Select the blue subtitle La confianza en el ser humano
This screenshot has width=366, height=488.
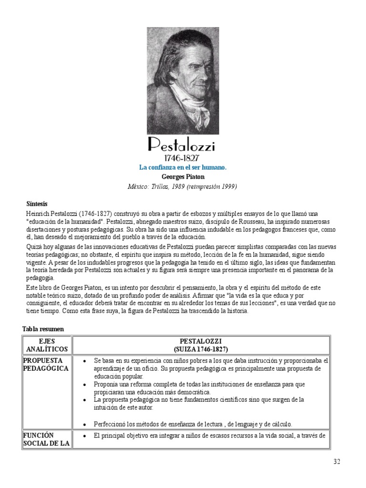[183, 167]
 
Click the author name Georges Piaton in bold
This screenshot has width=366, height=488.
[183, 177]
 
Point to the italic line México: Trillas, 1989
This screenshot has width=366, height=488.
[183, 186]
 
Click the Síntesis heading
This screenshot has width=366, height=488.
[37, 203]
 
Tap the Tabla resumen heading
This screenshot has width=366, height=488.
[43, 329]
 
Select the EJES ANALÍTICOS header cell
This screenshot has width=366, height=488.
[47, 346]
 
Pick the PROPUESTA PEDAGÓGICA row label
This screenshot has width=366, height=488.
[46, 364]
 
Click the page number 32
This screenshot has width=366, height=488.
[337, 462]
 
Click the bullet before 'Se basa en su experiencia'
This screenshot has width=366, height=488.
[84, 361]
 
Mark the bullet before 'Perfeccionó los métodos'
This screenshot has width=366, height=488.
[84, 424]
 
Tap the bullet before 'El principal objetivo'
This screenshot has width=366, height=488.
[84, 436]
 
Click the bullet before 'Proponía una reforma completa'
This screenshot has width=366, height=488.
[84, 384]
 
